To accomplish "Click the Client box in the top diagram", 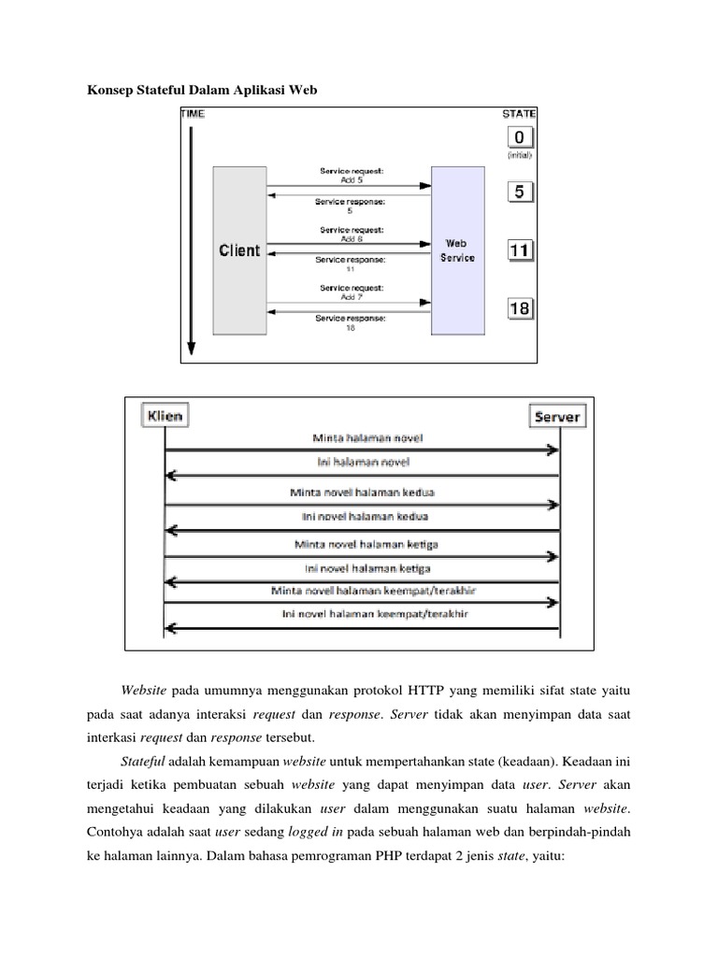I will [239, 250].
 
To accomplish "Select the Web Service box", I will [457, 250].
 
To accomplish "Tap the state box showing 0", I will [521, 137].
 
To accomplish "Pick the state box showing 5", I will [521, 193].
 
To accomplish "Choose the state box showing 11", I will [521, 250].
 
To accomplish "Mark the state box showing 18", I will [521, 307].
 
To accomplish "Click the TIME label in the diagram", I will [193, 113].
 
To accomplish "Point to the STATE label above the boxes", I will [519, 113].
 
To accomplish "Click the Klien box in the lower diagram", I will [165, 415].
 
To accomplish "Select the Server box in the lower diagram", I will [558, 417].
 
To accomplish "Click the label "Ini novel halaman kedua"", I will [361, 516].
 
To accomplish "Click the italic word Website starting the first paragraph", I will [144, 691].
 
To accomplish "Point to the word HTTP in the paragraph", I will [425, 691].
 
